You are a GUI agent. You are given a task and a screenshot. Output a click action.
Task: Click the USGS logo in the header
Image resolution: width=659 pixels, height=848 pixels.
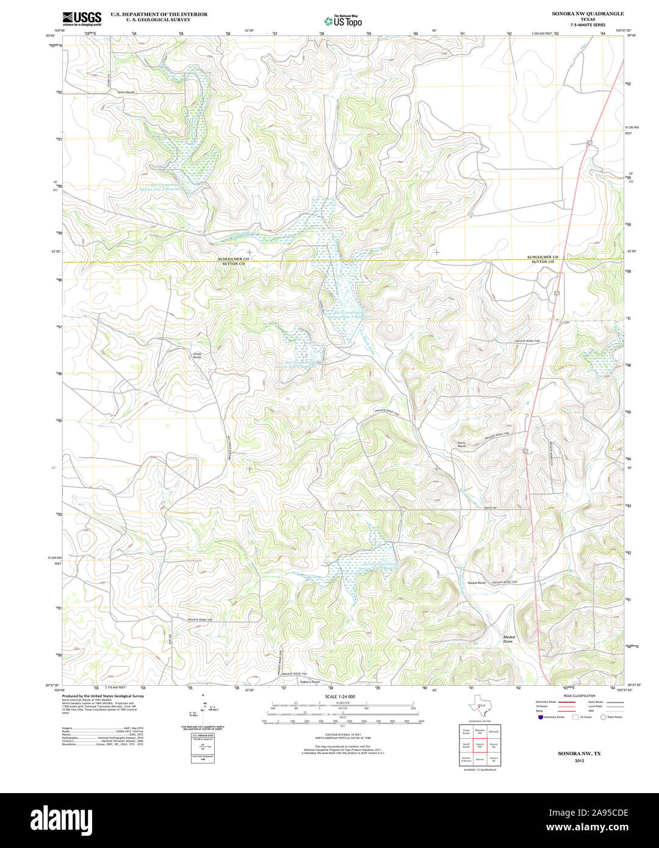click(82, 18)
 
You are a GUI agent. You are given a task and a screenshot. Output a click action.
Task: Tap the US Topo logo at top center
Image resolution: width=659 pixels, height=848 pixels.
click(343, 21)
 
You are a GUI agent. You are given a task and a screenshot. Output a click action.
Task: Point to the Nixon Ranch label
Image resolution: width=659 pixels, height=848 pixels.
click(126, 92)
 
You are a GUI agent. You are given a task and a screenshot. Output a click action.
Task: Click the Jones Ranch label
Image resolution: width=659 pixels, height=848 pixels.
click(196, 355)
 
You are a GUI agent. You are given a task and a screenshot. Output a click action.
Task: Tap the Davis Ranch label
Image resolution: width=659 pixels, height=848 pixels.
click(461, 445)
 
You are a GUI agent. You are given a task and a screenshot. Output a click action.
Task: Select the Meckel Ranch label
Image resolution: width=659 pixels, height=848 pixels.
click(476, 583)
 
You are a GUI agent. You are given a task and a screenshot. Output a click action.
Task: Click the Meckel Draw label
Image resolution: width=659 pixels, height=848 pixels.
click(509, 639)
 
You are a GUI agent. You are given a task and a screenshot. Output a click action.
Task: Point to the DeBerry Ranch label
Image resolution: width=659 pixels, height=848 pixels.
click(310, 681)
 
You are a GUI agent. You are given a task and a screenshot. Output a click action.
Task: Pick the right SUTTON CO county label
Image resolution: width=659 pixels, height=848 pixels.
click(542, 262)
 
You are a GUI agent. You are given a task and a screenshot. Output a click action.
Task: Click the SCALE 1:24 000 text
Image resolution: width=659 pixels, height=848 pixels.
click(340, 697)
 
